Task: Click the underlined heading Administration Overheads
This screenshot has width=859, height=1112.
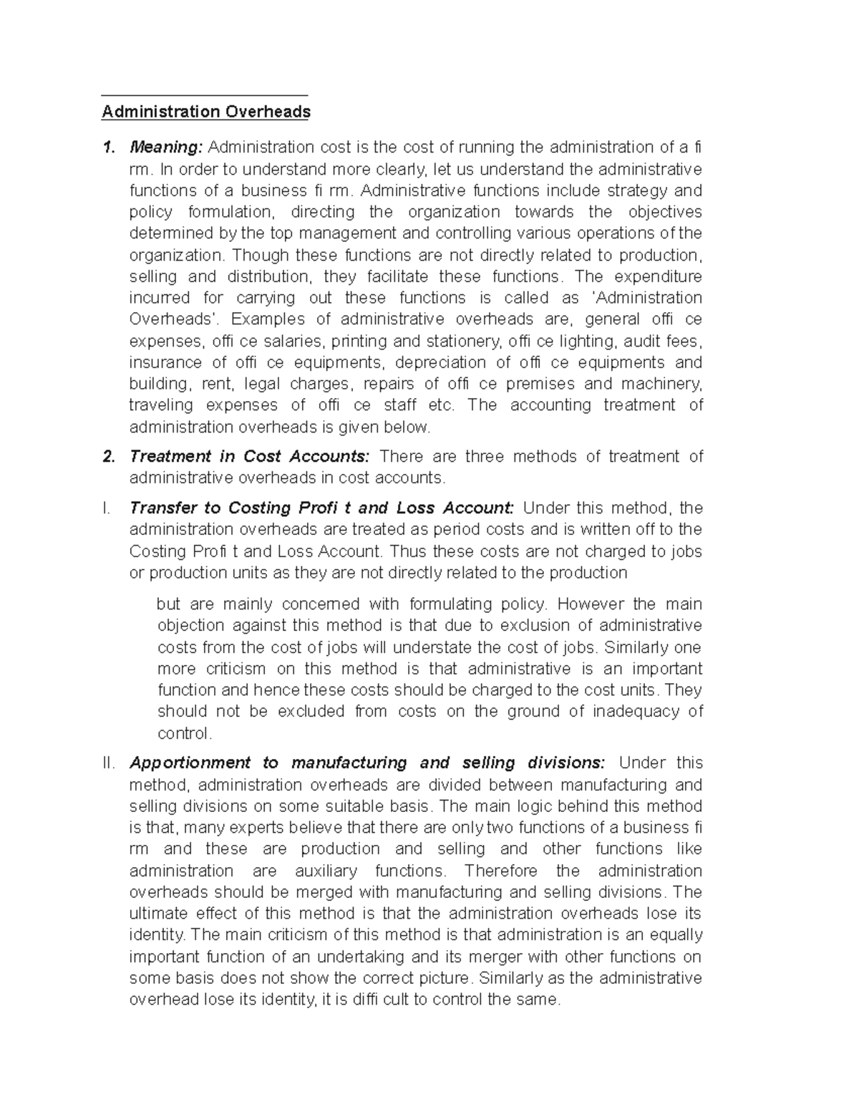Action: [x=206, y=112]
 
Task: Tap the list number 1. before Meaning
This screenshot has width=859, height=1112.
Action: [x=108, y=148]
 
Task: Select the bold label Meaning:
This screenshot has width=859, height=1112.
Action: [x=166, y=148]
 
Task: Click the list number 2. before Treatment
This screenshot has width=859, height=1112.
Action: [x=108, y=457]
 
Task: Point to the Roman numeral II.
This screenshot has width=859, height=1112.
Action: [x=109, y=763]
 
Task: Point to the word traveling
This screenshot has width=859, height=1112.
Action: [x=161, y=405]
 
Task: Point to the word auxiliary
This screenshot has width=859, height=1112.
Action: [x=326, y=871]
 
